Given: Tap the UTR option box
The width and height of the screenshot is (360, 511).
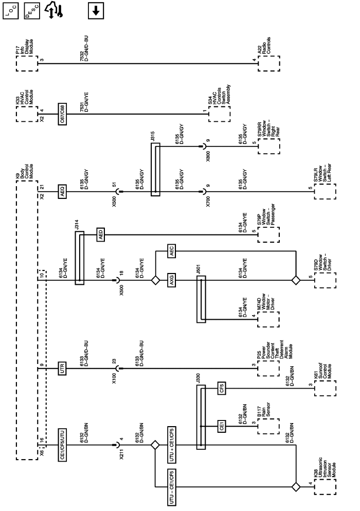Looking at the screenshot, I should coord(61,368).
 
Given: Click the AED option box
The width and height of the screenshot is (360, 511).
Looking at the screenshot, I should coord(101,235).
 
